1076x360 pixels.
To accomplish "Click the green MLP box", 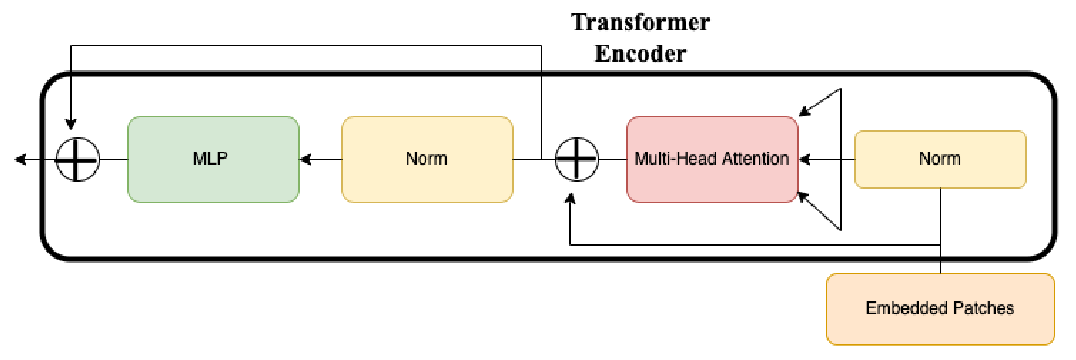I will pyautogui.click(x=213, y=159).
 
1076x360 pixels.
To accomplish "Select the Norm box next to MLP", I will pyautogui.click(x=427, y=159).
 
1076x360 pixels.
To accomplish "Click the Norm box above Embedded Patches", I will pyautogui.click(x=940, y=159).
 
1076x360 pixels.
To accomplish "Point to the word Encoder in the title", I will pyautogui.click(x=640, y=54).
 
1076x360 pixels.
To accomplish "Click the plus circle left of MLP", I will pyautogui.click(x=77, y=159).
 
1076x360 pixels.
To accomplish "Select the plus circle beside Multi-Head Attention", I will pyautogui.click(x=576, y=159).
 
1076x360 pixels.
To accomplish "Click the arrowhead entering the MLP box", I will pyautogui.click(x=305, y=159).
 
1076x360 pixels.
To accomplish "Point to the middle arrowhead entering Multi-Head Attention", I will pyautogui.click(x=804, y=159).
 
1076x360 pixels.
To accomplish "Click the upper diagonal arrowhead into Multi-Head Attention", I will pyautogui.click(x=804, y=112).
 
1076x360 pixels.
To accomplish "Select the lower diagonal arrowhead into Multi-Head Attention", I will pyautogui.click(x=802, y=196).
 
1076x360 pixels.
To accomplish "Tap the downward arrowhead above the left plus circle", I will pyautogui.click(x=71, y=124).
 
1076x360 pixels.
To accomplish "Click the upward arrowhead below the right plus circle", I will pyautogui.click(x=570, y=199).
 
